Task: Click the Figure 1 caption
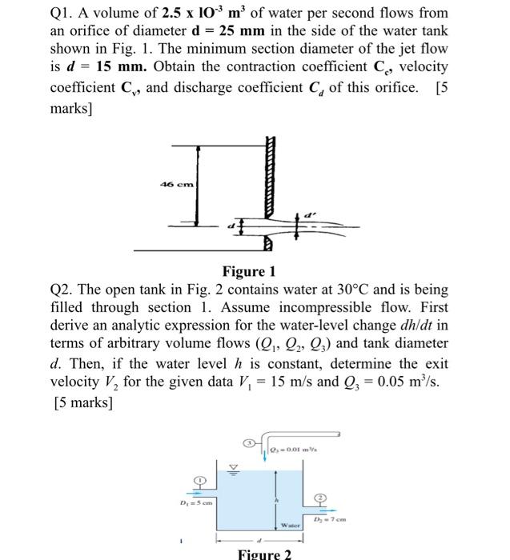[255, 271]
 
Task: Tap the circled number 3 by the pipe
[248, 442]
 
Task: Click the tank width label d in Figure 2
[259, 541]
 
